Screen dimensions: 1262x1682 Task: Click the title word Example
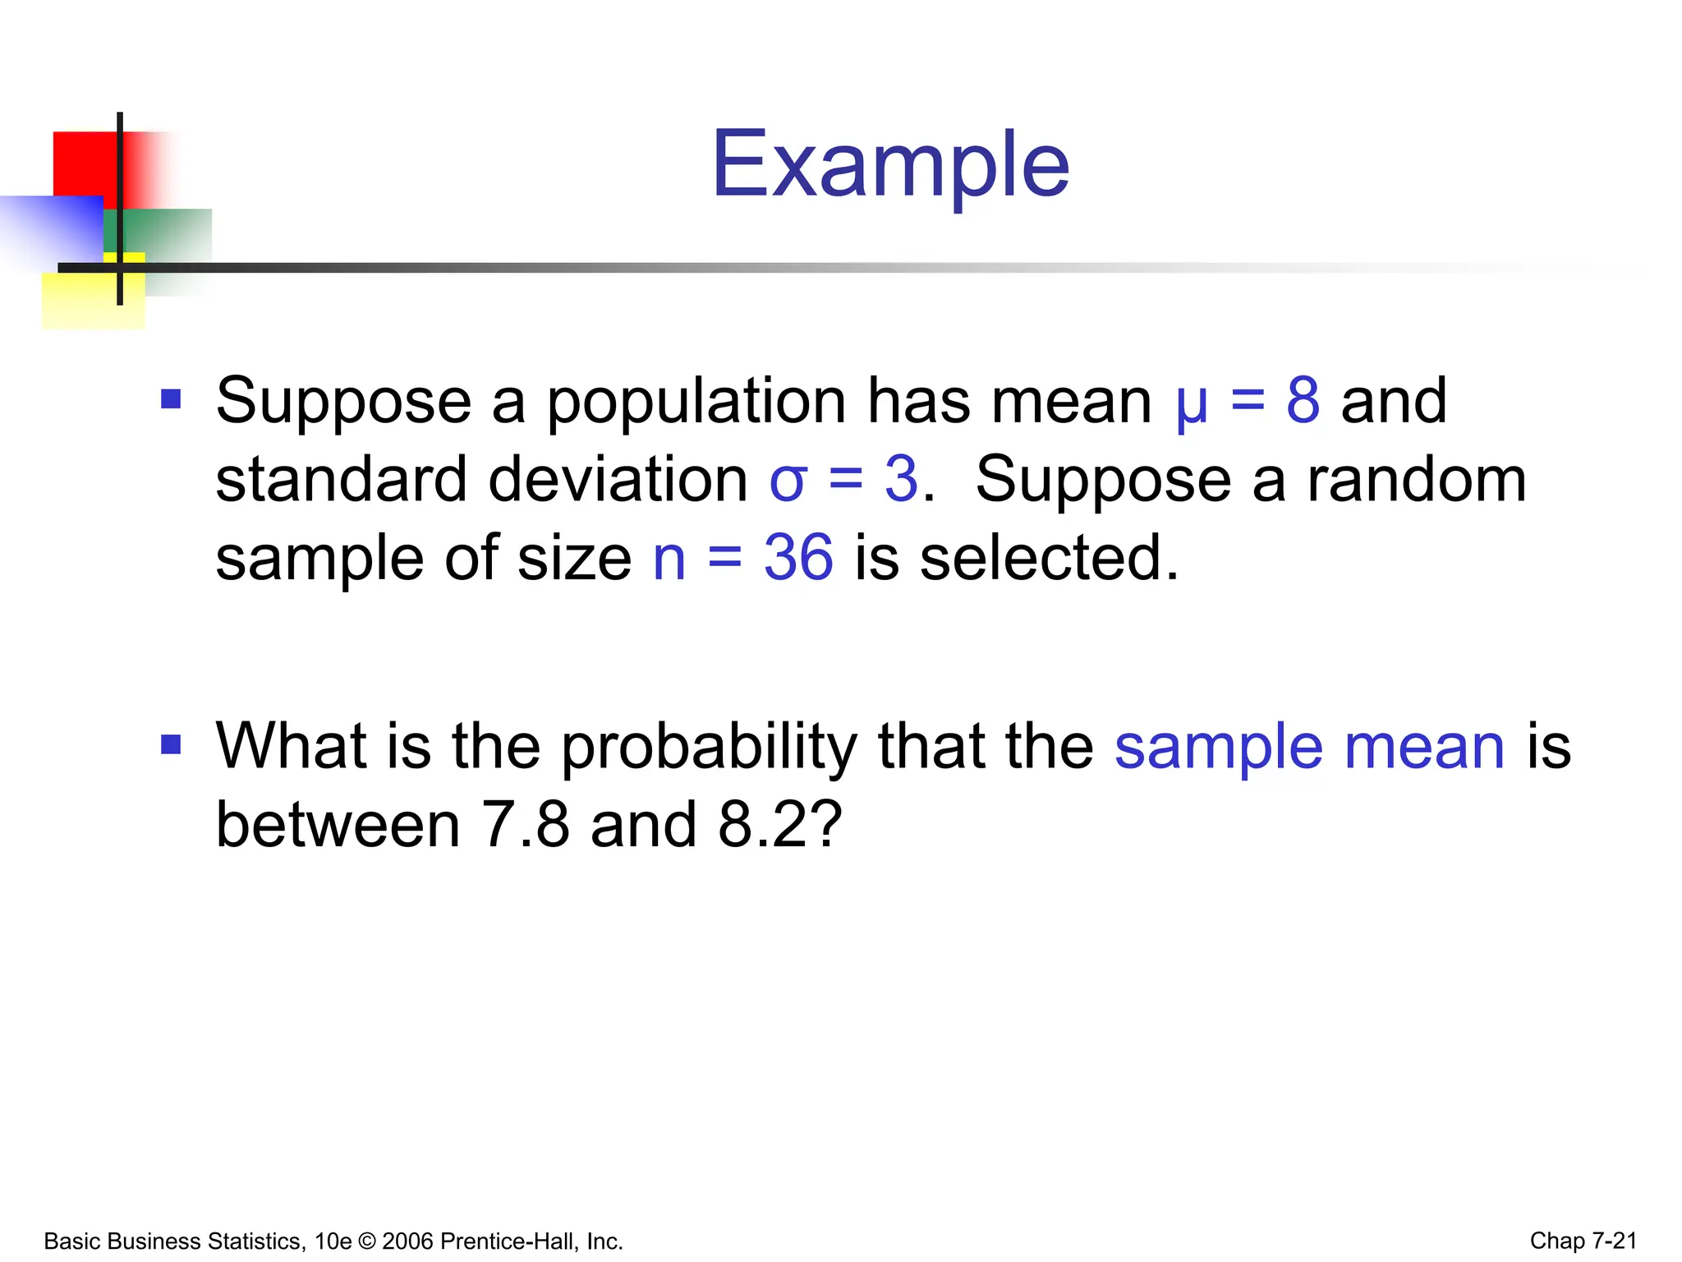890,166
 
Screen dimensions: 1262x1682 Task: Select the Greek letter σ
788,481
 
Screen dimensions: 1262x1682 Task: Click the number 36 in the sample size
798,559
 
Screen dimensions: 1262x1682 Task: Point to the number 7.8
524,825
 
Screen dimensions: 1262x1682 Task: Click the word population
696,403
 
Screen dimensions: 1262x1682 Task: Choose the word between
338,825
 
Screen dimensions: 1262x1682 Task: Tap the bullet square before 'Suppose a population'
171,400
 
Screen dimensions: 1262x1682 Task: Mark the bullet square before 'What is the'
171,745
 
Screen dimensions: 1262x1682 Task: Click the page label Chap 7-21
1583,1241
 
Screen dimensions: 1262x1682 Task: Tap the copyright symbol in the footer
366,1241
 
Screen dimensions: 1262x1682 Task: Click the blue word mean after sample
1424,748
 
